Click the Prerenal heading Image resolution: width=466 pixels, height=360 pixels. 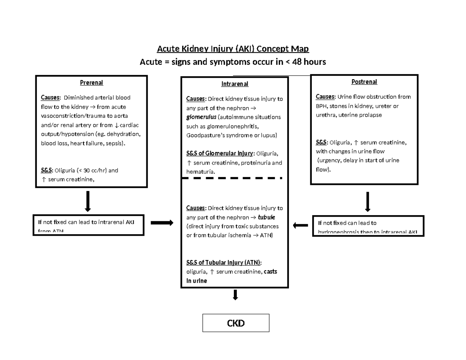click(91, 82)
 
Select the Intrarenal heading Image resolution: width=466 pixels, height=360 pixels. click(235, 84)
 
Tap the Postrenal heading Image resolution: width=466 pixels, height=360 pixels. click(364, 82)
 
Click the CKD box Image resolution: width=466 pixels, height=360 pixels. click(236, 323)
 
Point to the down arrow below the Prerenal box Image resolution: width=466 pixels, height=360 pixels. click(88, 201)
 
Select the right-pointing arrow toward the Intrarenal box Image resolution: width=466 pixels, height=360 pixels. click(162, 223)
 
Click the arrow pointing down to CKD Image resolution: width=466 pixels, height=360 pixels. click(235, 295)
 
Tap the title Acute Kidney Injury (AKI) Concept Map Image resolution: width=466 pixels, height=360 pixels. click(233, 49)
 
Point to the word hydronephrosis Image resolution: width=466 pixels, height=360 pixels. click(337, 232)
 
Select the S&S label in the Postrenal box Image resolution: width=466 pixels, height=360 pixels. click(322, 143)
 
